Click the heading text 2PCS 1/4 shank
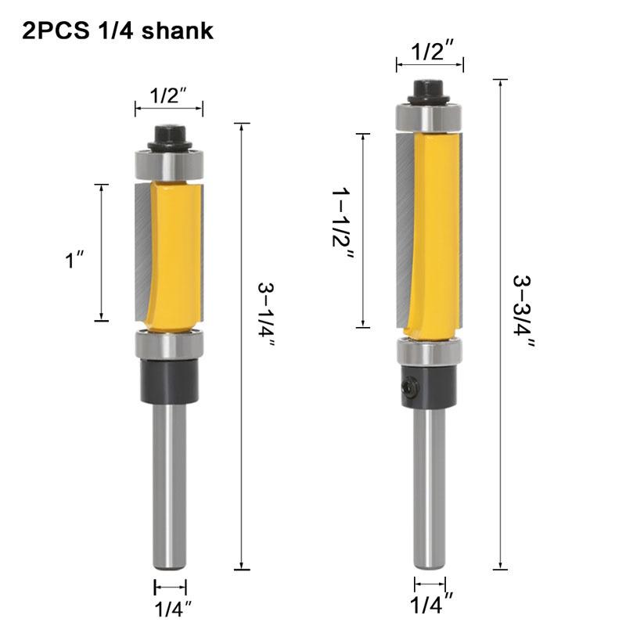(x=117, y=31)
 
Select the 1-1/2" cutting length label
(x=343, y=228)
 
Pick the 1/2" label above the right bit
(x=430, y=52)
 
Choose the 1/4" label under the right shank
(x=430, y=604)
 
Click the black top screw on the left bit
(x=169, y=137)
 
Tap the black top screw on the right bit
(x=430, y=91)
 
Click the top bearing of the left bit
(x=169, y=165)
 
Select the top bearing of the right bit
(x=430, y=117)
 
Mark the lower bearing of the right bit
(x=430, y=351)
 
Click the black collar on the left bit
(x=169, y=381)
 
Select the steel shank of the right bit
(x=430, y=485)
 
